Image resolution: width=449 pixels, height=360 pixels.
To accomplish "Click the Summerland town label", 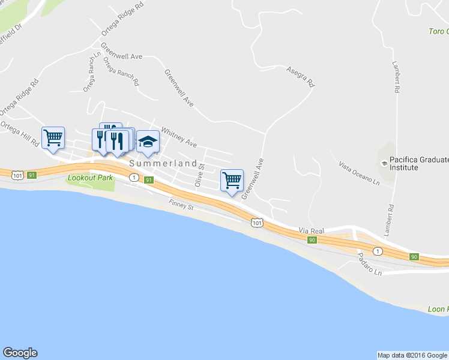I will click(x=162, y=163).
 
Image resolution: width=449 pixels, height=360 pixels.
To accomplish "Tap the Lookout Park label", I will click(x=90, y=178).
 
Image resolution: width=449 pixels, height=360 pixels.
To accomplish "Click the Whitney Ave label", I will click(x=179, y=139).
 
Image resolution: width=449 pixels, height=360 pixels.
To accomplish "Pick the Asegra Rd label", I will click(x=301, y=76).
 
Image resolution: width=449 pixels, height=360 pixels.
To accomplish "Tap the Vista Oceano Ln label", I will click(x=360, y=173).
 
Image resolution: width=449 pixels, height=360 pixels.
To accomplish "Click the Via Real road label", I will click(x=311, y=230).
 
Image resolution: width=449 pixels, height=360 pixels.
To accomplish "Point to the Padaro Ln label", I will click(x=369, y=264).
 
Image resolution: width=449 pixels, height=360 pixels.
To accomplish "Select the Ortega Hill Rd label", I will click(x=20, y=133).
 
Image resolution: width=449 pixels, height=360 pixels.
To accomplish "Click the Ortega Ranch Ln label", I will click(x=90, y=71).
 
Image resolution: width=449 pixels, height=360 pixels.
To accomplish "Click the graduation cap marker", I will click(x=148, y=142).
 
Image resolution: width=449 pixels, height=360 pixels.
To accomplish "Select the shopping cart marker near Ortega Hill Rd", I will click(x=53, y=137).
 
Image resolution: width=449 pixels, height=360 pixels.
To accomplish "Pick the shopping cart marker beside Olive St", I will click(x=232, y=179).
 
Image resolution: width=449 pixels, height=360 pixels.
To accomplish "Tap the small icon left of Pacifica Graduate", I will click(x=383, y=163).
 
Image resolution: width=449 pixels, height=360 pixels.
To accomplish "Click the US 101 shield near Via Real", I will click(x=257, y=223).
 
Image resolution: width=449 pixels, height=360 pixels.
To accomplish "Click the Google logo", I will click(x=20, y=353).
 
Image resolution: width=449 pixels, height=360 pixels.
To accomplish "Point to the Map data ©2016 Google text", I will click(x=412, y=355).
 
